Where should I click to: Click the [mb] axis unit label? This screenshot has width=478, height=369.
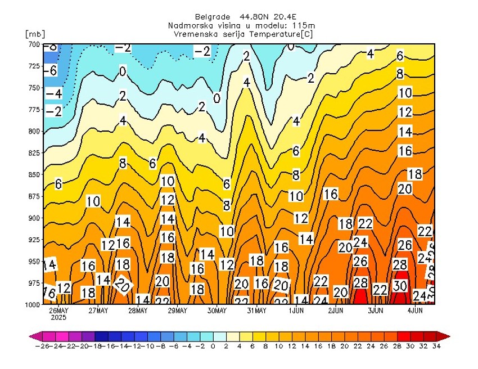pos(35,34)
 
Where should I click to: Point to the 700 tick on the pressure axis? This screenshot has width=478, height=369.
pos(33,44)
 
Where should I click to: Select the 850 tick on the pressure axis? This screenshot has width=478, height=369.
pos(33,174)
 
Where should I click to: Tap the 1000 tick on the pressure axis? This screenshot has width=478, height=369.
pos(31,304)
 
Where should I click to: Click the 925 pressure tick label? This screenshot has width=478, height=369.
pos(33,240)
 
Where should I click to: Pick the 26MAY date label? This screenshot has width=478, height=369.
pos(59,310)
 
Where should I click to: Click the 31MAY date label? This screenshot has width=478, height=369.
pos(256,310)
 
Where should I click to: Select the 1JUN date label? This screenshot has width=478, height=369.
pos(296,310)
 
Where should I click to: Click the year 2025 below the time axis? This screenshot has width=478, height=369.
pos(58,317)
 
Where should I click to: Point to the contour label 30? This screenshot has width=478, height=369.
pos(400,285)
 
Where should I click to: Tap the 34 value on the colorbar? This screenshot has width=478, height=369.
pos(436,346)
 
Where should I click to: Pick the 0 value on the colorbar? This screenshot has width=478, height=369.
pos(213,346)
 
